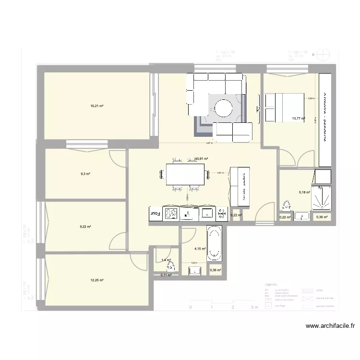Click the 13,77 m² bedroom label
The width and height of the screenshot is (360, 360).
tap(298, 118)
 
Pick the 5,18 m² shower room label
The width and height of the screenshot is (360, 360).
tap(304, 192)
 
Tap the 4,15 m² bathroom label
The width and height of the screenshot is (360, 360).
tap(200, 249)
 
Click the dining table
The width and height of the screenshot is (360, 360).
tap(185, 174)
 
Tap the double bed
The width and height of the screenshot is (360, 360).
tap(284, 108)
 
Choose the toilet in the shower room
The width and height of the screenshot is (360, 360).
tap(287, 205)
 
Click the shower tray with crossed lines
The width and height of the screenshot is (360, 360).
tap(320, 198)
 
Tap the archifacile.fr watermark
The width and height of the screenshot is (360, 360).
tap(331, 326)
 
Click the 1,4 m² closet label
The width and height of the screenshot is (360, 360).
tap(166, 260)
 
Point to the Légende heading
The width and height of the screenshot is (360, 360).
tap(272, 285)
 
